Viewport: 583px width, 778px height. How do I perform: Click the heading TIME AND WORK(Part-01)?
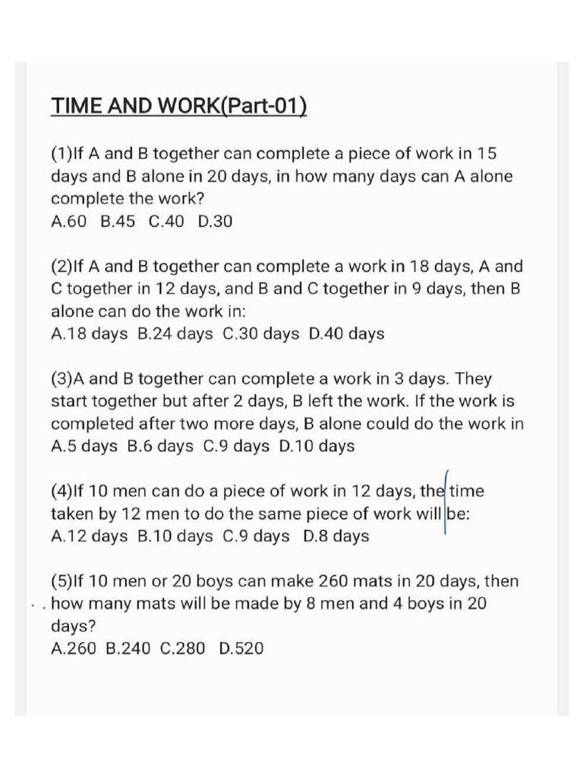point(179,105)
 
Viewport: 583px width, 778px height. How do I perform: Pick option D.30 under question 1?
point(215,222)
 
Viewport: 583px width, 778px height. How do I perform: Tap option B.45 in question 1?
point(118,222)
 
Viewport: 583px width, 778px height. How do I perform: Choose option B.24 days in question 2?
point(175,334)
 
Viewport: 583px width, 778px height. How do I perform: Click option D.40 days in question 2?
point(347,334)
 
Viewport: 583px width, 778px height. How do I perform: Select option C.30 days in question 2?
point(262,334)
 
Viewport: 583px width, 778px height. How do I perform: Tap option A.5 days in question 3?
point(84,446)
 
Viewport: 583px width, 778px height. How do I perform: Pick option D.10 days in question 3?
point(317,446)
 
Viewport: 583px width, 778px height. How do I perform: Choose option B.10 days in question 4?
point(175,536)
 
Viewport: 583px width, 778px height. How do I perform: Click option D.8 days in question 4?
point(336,536)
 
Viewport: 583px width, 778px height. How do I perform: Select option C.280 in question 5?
point(183,649)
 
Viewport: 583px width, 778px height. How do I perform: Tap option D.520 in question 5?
point(241,649)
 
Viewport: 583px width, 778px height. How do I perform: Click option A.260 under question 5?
point(74,649)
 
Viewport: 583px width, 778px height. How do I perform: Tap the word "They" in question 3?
point(474,378)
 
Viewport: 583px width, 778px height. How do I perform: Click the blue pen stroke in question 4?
point(445,501)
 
